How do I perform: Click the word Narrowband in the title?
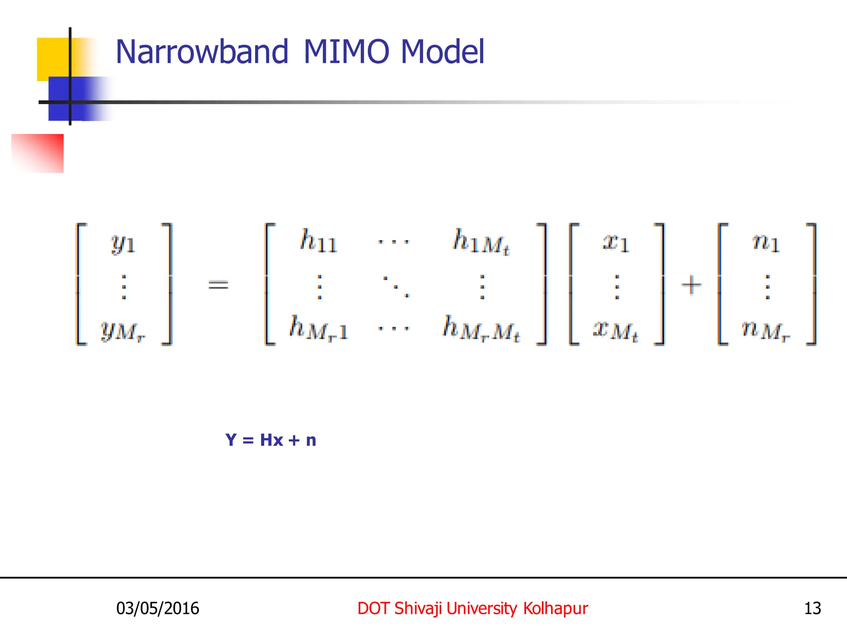coord(201,52)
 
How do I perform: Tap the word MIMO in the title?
coord(346,52)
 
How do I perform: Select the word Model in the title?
coord(443,52)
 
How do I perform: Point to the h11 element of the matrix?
coord(318,241)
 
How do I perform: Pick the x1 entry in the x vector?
coord(616,243)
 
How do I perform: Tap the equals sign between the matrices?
coord(218,284)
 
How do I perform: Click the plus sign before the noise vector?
coord(691,285)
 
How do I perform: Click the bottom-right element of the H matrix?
coord(481,329)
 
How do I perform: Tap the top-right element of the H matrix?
coord(481,242)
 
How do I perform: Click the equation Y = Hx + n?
coord(271,440)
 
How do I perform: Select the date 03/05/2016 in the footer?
coord(158,608)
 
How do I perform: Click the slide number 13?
coord(812,608)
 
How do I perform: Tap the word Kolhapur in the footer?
coord(555,608)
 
